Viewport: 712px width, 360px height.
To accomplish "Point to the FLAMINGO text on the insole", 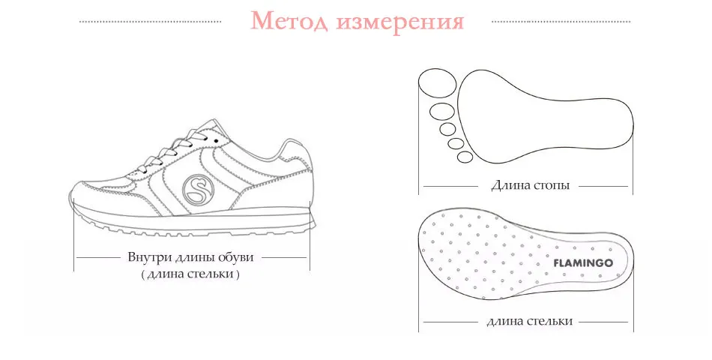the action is pyautogui.click(x=583, y=263).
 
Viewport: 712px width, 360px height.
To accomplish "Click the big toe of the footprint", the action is pyautogui.click(x=436, y=82).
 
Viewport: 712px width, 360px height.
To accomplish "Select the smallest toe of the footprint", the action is pyautogui.click(x=465, y=157).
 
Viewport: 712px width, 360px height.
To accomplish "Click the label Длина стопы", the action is pyautogui.click(x=529, y=185).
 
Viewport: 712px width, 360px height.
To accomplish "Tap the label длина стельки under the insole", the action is pyautogui.click(x=529, y=321).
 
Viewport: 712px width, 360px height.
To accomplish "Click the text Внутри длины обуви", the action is pyautogui.click(x=191, y=257).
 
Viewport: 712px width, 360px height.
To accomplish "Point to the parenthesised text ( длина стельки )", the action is pyautogui.click(x=191, y=274).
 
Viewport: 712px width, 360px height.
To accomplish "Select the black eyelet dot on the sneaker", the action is pyautogui.click(x=217, y=140).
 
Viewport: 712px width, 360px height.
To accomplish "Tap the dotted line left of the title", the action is pyautogui.click(x=151, y=22).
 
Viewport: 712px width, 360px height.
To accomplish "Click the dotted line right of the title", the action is pyautogui.click(x=561, y=22).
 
